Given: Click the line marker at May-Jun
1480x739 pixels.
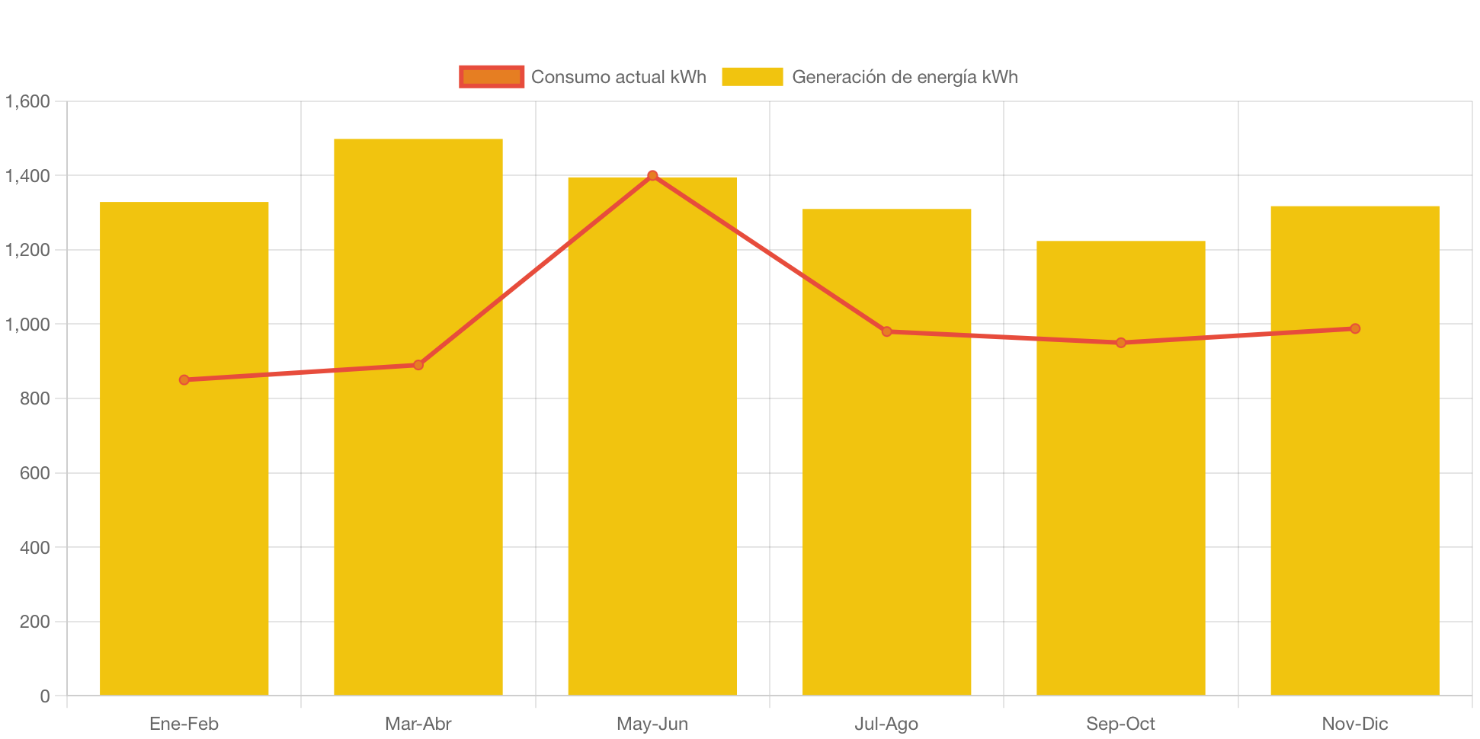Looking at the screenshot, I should click(x=652, y=175).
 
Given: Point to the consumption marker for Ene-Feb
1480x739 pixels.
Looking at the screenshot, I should click(x=184, y=379).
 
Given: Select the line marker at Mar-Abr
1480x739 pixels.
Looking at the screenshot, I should click(x=418, y=365).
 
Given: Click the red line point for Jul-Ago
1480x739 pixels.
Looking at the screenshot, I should click(x=886, y=331).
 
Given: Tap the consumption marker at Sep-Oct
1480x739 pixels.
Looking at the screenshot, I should click(x=1120, y=343).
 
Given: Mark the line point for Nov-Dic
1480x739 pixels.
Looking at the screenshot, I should click(x=1354, y=328).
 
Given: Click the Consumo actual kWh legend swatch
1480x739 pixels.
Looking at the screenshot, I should click(x=492, y=77).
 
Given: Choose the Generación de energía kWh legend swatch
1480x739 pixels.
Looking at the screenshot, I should click(x=752, y=77).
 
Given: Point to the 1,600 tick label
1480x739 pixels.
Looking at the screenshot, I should click(x=27, y=101).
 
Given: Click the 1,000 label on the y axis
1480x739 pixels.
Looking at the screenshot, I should click(x=27, y=325).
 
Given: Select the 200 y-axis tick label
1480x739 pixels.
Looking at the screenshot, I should click(x=34, y=622).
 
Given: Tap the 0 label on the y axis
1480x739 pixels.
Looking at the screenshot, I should click(x=45, y=696).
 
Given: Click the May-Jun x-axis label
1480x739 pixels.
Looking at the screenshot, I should click(x=652, y=724).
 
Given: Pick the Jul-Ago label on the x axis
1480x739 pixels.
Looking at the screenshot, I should click(x=886, y=724).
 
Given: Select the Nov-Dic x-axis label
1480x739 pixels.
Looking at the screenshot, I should click(x=1354, y=724).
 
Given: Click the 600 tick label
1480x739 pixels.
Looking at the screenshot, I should click(x=34, y=473).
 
